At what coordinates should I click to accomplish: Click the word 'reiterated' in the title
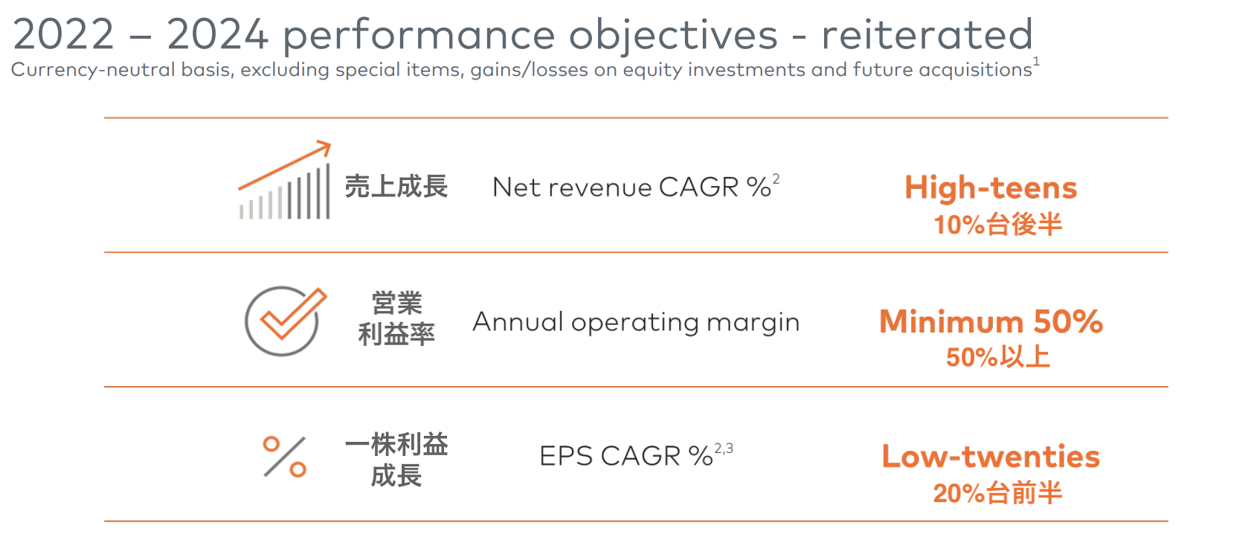pos(927,35)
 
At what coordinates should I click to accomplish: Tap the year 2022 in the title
pos(63,35)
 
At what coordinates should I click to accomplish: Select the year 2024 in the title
pos(217,35)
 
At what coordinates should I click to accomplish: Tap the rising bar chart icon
pos(285,180)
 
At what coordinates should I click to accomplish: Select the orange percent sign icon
pos(284,456)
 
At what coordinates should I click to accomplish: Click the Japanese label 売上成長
pos(396,187)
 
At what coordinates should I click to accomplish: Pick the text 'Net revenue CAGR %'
pos(631,187)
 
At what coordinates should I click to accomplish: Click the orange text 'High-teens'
pos(991,187)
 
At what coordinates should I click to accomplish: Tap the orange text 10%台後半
pos(997,225)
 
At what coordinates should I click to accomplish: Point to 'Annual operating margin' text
pos(636,323)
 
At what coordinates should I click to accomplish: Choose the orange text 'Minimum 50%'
pos(991,321)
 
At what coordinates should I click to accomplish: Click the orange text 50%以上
pos(997,357)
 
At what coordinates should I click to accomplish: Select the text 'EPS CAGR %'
pos(626,456)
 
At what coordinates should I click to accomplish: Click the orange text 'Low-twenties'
pos(991,456)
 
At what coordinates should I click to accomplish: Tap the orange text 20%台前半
pos(997,493)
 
